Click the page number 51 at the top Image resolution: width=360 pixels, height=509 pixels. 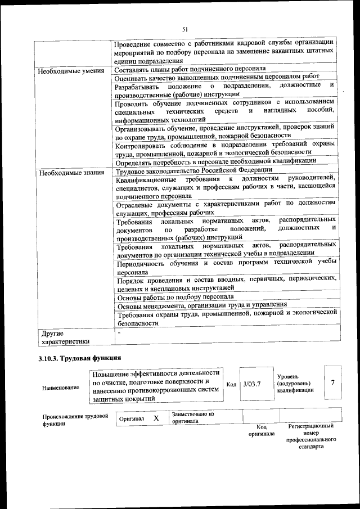(x=184, y=29)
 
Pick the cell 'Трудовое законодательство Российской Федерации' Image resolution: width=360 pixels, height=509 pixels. (x=194, y=170)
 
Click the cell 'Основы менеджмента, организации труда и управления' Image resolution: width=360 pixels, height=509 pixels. (x=202, y=305)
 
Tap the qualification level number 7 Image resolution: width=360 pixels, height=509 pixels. (x=332, y=382)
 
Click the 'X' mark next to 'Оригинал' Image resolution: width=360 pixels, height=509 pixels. (x=156, y=418)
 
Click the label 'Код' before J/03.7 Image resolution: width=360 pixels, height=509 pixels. (x=231, y=384)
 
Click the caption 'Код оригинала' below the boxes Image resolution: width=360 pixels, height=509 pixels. (x=262, y=430)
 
